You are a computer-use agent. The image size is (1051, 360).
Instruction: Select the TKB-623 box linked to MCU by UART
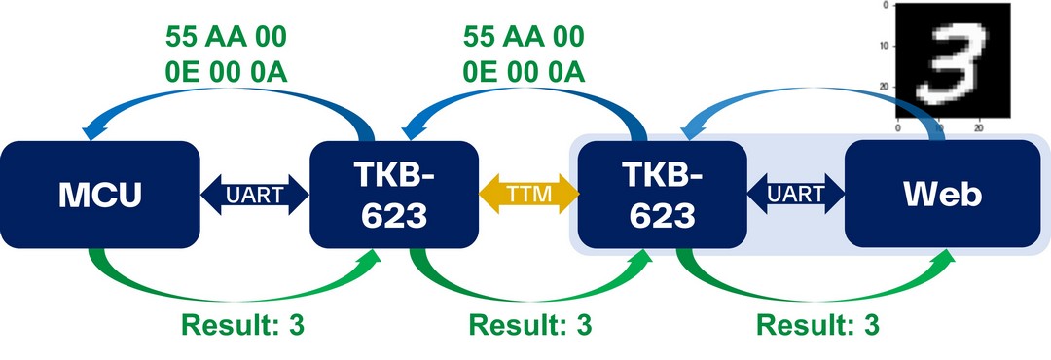393,193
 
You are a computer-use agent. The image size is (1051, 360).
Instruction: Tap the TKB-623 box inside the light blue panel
661,193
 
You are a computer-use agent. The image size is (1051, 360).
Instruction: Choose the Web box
942,193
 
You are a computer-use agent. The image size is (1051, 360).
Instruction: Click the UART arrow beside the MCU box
254,193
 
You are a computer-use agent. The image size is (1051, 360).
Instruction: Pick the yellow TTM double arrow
528,193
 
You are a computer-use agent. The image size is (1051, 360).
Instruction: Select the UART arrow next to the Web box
795,193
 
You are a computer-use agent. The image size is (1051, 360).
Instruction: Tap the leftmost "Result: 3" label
242,325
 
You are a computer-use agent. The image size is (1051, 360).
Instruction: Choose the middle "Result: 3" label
529,325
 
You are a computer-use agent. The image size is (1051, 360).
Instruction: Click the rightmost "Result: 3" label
816,325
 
